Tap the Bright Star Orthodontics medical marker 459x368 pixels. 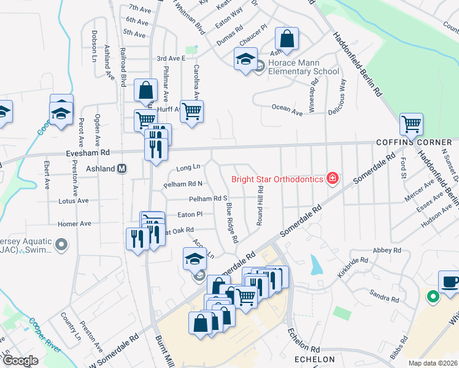point(332,178)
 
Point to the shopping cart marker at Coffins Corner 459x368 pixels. point(411,125)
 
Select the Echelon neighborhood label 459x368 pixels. point(315,359)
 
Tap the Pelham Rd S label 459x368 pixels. point(208,199)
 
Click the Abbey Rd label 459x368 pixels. point(387,250)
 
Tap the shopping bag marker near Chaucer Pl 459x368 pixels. point(287,40)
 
